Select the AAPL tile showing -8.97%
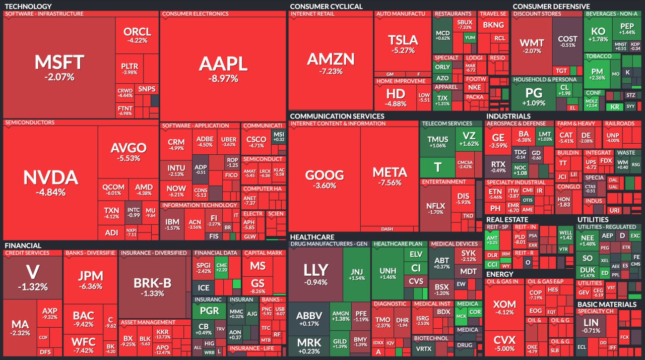[223, 68]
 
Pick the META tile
[390, 176]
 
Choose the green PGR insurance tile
[209, 311]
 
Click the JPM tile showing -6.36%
[91, 279]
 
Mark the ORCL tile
[137, 35]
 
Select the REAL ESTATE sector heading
[507, 219]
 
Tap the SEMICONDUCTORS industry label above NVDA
[29, 123]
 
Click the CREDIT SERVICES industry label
[27, 253]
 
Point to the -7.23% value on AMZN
[331, 72]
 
